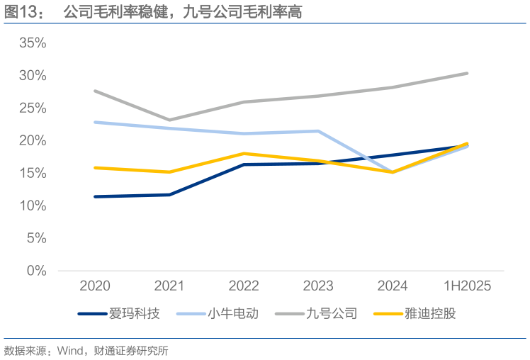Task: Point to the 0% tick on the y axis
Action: tap(36, 271)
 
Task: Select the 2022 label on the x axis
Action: tap(244, 286)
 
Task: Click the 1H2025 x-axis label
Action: tap(467, 286)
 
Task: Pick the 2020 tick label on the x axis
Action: tap(95, 286)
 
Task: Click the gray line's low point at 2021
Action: tap(169, 120)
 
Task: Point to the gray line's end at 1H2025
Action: tap(467, 73)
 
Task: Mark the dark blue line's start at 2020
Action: tap(95, 196)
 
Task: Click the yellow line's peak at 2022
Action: tap(244, 153)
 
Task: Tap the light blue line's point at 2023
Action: tap(318, 131)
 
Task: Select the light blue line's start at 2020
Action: tap(95, 122)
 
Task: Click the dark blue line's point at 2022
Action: tap(244, 164)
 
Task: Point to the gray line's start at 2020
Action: tap(95, 91)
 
